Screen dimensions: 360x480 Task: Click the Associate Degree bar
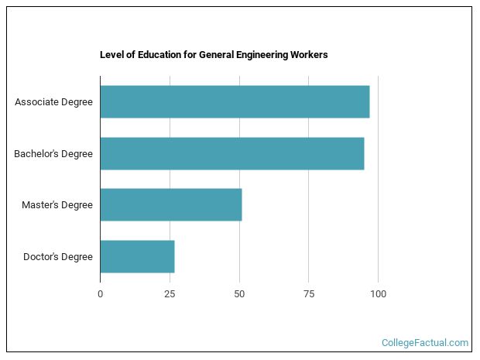235,101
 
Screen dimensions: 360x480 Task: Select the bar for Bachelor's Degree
231,153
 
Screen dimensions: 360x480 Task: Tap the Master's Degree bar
170,204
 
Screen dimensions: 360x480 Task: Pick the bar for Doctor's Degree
137,256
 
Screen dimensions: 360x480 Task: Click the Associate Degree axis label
53,101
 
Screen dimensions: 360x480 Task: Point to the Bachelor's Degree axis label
53,153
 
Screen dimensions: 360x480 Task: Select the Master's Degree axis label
57,205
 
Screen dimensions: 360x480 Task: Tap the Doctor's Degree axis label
58,256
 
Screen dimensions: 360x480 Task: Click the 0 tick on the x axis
100,293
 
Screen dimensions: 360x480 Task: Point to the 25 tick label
170,293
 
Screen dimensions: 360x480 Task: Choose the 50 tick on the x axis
239,293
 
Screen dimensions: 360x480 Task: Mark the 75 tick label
308,293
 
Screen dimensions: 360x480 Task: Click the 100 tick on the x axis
378,293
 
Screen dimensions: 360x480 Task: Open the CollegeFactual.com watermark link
425,342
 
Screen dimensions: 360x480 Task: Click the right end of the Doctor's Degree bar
173,256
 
